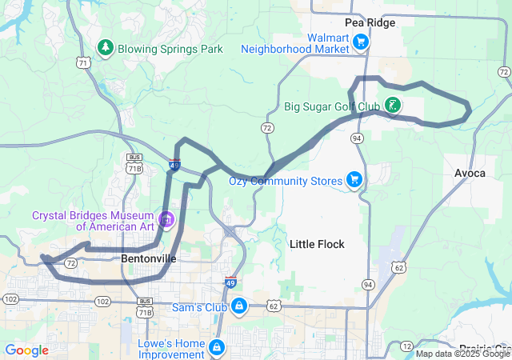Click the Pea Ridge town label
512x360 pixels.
tap(370, 22)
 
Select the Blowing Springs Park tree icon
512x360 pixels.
tap(105, 49)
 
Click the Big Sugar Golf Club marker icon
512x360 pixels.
tap(392, 105)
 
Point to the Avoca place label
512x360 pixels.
tap(469, 173)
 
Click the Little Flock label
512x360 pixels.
tap(317, 244)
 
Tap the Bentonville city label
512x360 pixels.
tap(148, 259)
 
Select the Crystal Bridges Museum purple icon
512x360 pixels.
tap(166, 218)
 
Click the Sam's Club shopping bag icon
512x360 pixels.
tap(238, 306)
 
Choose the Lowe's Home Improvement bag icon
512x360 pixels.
tap(216, 346)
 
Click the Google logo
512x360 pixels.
tap(26, 350)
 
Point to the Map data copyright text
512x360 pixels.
tap(462, 353)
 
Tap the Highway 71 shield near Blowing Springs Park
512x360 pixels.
tap(84, 62)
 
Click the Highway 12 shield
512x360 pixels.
tap(405, 346)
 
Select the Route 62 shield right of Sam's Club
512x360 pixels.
tap(274, 305)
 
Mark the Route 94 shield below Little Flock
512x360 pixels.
tap(368, 284)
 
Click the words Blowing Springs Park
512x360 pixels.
tap(170, 50)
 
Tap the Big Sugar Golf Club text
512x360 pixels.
tap(332, 106)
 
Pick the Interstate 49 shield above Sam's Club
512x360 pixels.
tap(230, 283)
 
